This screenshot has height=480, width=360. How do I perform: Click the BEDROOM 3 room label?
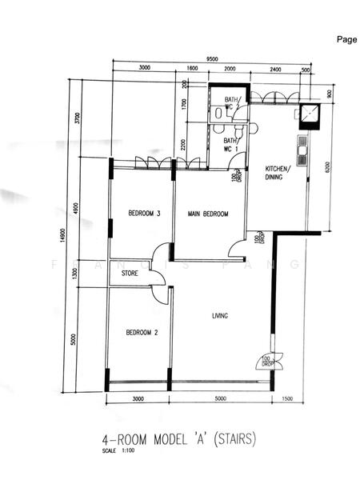coord(145,214)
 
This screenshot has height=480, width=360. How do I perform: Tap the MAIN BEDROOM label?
coord(208,214)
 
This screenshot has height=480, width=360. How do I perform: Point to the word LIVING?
coord(220,315)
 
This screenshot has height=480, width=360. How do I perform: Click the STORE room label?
coord(130,274)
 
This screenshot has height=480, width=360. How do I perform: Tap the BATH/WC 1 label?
coord(230,144)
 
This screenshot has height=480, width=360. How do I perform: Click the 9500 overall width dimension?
coord(212,59)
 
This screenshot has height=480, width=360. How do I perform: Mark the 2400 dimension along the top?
coord(276,70)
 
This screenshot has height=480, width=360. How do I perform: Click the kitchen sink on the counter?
coord(302,150)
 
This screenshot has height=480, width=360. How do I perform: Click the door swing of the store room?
coord(159,277)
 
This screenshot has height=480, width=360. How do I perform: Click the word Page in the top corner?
coord(346,38)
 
